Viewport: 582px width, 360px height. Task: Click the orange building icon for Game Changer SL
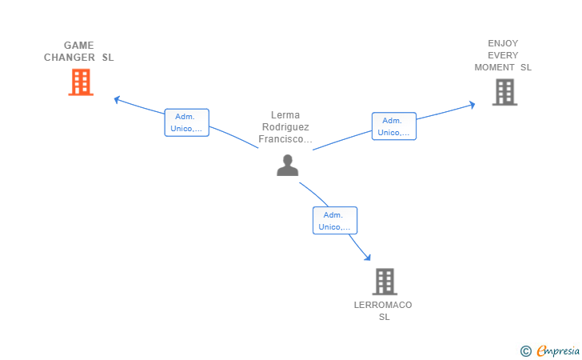[81, 82]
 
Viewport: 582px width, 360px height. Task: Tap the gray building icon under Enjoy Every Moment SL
[504, 92]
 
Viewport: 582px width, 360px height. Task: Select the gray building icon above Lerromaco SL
[385, 282]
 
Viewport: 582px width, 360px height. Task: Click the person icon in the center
[288, 166]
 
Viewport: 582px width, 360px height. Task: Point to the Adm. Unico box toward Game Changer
[187, 122]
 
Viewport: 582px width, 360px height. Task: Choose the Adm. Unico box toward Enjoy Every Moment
[394, 126]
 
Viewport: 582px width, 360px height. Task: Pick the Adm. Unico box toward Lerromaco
[335, 221]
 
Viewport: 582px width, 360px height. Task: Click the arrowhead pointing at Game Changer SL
[117, 99]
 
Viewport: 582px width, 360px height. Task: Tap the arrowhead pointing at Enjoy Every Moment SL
[472, 105]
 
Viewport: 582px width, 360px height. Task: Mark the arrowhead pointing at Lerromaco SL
[368, 257]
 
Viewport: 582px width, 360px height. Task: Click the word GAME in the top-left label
[78, 46]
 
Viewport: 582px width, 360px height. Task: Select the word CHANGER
[70, 58]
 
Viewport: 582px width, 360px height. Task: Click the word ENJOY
[503, 43]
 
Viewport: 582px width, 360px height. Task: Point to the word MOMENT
[494, 68]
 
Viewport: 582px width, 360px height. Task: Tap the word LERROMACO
[383, 305]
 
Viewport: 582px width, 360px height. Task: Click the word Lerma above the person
[285, 115]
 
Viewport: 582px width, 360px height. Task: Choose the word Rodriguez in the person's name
[285, 127]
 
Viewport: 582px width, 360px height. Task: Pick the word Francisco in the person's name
[281, 139]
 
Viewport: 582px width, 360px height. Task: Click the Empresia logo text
[558, 351]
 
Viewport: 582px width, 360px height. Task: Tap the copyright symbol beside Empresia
[525, 351]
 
